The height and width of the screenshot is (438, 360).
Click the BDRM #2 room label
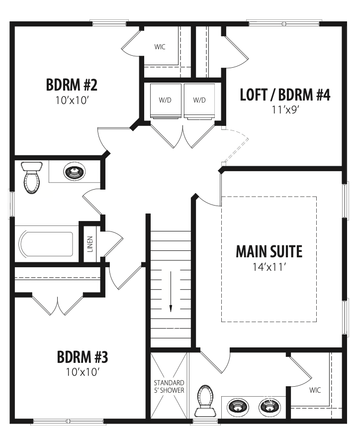pyautogui.click(x=72, y=85)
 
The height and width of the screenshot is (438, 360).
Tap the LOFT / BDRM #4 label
pyautogui.click(x=285, y=95)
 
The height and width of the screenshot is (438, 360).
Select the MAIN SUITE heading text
pyautogui.click(x=269, y=251)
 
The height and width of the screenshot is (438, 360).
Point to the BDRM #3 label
pyautogui.click(x=83, y=357)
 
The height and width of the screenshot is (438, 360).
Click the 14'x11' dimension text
pyautogui.click(x=270, y=267)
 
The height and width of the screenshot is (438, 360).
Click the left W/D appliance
pyautogui.click(x=166, y=101)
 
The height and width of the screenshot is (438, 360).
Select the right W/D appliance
pyautogui.click(x=199, y=101)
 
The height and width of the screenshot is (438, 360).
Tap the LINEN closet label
pyautogui.click(x=90, y=244)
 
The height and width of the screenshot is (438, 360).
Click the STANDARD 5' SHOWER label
pyautogui.click(x=169, y=386)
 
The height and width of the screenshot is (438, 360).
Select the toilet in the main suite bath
pyautogui.click(x=205, y=401)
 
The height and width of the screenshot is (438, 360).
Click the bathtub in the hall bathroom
pyautogui.click(x=47, y=244)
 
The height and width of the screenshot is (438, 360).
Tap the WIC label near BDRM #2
pyautogui.click(x=160, y=47)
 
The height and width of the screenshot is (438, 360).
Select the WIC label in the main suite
pyautogui.click(x=315, y=390)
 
